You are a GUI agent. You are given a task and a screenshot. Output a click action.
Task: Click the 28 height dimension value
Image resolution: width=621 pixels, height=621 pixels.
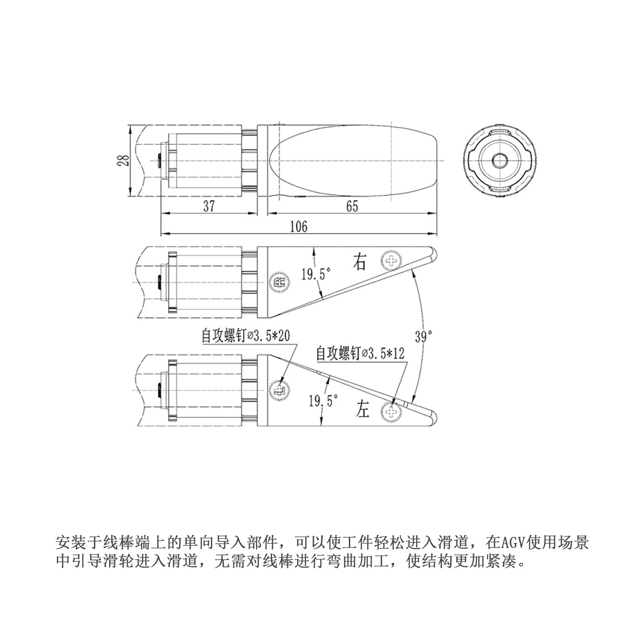point(123,160)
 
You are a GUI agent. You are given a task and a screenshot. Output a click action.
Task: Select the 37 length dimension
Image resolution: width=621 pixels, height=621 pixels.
point(209,206)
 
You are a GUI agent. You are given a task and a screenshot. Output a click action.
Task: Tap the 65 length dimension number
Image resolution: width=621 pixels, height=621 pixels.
point(352,206)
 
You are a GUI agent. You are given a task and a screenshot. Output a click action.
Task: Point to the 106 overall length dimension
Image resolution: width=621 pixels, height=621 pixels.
point(298,226)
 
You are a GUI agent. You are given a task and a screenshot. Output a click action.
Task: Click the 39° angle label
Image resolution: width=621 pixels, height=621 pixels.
point(423,336)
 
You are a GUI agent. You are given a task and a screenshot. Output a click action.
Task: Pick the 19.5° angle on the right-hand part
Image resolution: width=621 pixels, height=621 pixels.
point(316,274)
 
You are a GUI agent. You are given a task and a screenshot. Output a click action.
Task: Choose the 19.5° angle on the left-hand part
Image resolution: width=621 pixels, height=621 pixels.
point(323,401)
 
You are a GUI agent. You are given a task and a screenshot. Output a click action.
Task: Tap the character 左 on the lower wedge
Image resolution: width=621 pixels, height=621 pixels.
point(363,409)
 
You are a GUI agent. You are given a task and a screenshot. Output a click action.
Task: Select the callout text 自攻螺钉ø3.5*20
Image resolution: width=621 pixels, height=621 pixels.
point(246,336)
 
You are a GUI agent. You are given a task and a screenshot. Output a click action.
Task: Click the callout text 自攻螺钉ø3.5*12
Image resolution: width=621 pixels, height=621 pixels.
point(360,354)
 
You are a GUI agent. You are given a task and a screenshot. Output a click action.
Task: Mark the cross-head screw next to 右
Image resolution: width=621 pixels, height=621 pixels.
point(392,260)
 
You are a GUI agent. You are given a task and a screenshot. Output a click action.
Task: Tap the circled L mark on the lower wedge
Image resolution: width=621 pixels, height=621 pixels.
point(279,391)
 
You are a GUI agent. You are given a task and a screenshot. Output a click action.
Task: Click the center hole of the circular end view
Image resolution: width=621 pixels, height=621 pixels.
point(500,160)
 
